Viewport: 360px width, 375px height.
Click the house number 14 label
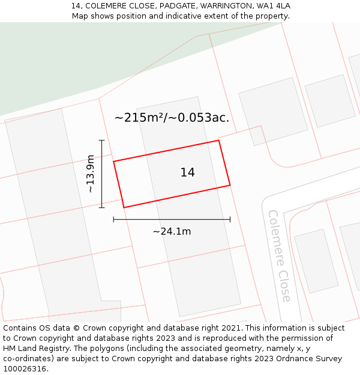point(187,173)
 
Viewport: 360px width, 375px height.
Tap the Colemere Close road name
point(280,256)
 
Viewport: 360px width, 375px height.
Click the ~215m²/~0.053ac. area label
point(172,118)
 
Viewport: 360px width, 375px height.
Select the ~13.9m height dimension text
point(91,173)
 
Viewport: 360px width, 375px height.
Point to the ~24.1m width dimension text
point(172,232)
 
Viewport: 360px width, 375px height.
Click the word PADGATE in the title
point(178,6)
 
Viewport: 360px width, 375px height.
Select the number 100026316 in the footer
point(23,368)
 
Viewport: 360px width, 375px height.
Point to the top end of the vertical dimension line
point(102,140)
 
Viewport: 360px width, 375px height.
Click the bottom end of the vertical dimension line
point(102,208)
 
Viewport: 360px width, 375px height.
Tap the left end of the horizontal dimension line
point(113,220)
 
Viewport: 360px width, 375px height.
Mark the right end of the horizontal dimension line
point(230,220)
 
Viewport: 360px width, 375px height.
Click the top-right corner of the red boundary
point(218,140)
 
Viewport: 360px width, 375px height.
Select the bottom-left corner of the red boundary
point(124,208)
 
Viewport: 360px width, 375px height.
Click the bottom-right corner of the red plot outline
point(230,185)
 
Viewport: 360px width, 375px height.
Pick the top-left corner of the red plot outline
point(113,161)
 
